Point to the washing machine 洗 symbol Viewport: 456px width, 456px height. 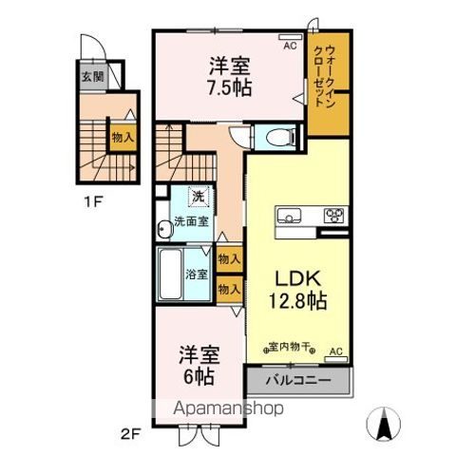(199, 198)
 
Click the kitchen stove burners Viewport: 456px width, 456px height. (333, 214)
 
